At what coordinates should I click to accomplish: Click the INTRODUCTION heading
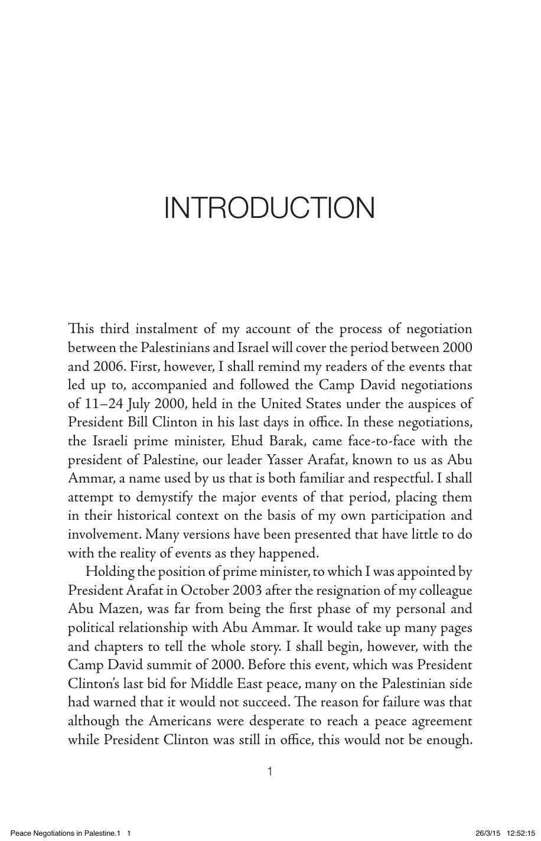tap(269, 208)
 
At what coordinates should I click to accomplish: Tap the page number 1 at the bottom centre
tap(270, 771)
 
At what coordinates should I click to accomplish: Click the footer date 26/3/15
tap(487, 833)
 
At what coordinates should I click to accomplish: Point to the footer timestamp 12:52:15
tap(520, 833)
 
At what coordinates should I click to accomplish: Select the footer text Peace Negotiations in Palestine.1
tap(66, 833)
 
